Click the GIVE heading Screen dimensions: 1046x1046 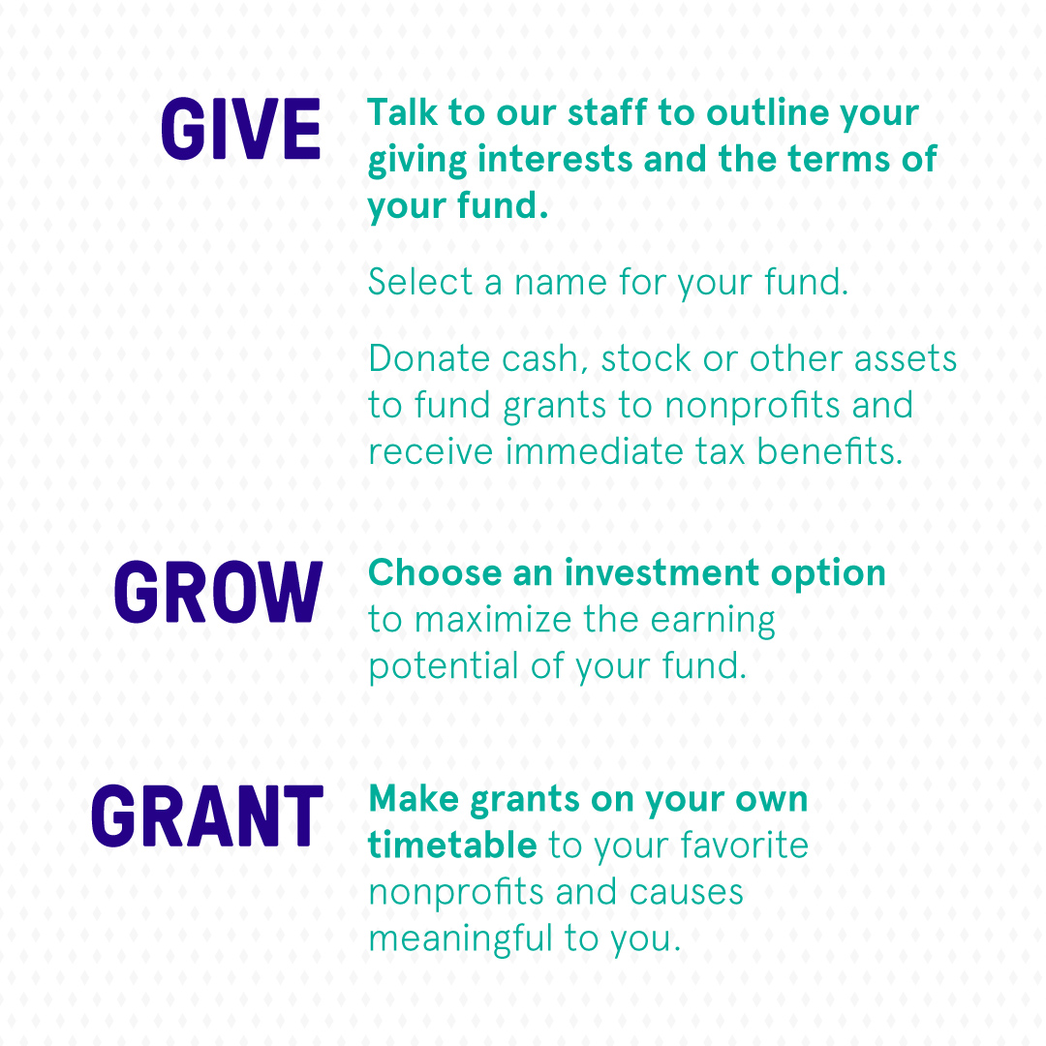click(x=241, y=129)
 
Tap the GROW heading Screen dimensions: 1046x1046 click(x=218, y=592)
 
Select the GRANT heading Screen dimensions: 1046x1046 click(x=207, y=815)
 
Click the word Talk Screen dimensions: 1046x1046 click(x=402, y=112)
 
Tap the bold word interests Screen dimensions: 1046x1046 click(x=555, y=159)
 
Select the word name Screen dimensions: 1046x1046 click(x=561, y=283)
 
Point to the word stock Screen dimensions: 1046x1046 click(x=646, y=359)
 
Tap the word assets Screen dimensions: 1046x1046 click(x=906, y=359)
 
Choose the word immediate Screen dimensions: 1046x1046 click(x=595, y=451)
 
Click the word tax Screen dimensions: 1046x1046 click(x=720, y=452)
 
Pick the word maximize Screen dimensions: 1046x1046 click(x=492, y=620)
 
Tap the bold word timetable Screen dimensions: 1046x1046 click(x=452, y=845)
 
